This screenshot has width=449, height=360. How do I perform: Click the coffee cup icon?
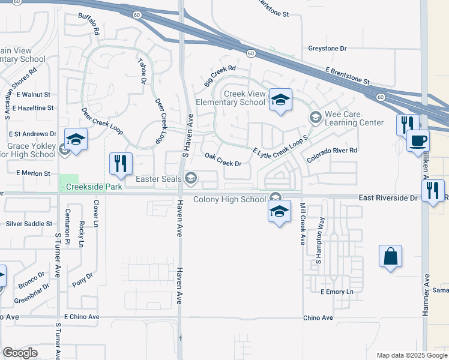[x=418, y=142]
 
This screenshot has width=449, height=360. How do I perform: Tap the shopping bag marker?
[x=390, y=256]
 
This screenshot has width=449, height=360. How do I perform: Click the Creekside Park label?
[x=94, y=187]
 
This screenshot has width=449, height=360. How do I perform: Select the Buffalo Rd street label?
[x=88, y=23]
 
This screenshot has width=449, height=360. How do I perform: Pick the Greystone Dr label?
[x=328, y=48]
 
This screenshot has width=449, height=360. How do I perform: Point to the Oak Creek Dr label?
[x=223, y=160]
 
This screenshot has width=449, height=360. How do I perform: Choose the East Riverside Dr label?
[x=388, y=197]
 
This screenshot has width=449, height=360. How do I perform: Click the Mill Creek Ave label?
[x=303, y=223]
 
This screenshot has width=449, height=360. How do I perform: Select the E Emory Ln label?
[x=338, y=292]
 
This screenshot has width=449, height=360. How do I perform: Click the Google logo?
[x=20, y=353]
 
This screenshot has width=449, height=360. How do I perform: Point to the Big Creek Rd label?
[x=218, y=77]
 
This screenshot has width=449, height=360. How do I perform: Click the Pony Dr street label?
[x=83, y=280]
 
